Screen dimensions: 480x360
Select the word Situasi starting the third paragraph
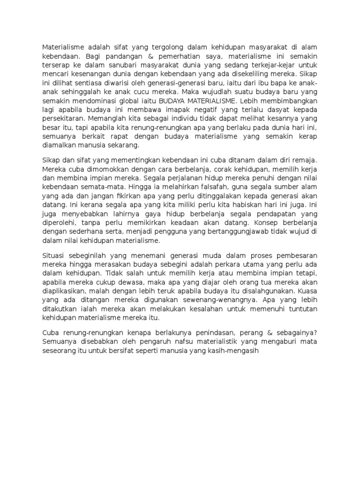click(x=56, y=255)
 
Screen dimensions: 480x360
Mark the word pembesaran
click(x=294, y=255)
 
